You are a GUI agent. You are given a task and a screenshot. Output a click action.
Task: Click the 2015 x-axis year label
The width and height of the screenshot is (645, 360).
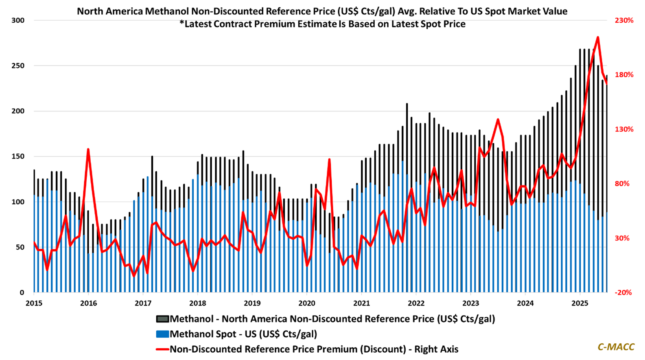point(34,303)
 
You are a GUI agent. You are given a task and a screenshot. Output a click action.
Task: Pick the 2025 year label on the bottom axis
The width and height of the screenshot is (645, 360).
point(579,303)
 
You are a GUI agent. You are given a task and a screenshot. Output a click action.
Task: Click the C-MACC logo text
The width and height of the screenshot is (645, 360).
point(616,347)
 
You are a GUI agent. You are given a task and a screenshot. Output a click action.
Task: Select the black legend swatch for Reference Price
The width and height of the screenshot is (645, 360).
point(162,319)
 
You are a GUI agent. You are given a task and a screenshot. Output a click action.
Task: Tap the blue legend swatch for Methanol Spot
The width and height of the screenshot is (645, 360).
point(162,334)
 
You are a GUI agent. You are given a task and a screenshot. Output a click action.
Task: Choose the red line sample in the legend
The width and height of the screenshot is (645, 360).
point(162,349)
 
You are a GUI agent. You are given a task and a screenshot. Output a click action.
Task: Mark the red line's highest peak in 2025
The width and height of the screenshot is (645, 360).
point(597,37)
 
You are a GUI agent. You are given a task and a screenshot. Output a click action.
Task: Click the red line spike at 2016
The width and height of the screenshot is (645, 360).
point(88,149)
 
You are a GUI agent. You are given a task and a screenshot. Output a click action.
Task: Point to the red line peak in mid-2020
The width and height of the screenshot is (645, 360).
point(329,159)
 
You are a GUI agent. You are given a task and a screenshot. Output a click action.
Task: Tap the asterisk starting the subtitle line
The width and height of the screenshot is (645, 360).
point(181,24)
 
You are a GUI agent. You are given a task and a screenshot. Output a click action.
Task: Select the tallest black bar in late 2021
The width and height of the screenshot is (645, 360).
point(407,104)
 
